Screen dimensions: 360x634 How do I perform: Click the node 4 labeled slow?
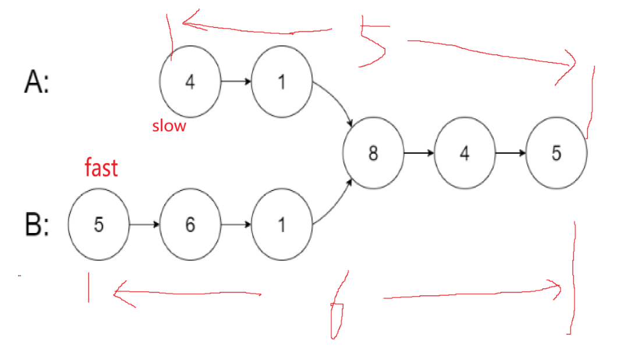(190, 82)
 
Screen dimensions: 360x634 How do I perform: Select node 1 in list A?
(282, 82)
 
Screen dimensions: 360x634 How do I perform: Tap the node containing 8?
(373, 153)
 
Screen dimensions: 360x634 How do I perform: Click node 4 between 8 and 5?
(465, 153)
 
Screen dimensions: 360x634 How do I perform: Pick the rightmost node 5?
(557, 153)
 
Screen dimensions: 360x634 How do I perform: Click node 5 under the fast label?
(98, 224)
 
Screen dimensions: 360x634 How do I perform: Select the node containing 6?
(190, 224)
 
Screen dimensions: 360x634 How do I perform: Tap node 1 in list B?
(282, 224)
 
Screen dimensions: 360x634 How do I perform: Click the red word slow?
(169, 126)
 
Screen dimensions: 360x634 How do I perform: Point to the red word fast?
(101, 168)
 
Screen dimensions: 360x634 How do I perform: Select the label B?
(37, 225)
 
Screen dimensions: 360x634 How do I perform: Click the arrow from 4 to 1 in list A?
(236, 82)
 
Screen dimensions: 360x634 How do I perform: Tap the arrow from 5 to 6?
(144, 224)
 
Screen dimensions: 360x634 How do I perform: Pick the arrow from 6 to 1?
(236, 224)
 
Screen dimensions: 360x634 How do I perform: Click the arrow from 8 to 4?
(419, 153)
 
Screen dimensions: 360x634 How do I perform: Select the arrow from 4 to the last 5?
(511, 153)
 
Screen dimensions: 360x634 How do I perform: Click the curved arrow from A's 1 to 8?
(338, 102)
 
